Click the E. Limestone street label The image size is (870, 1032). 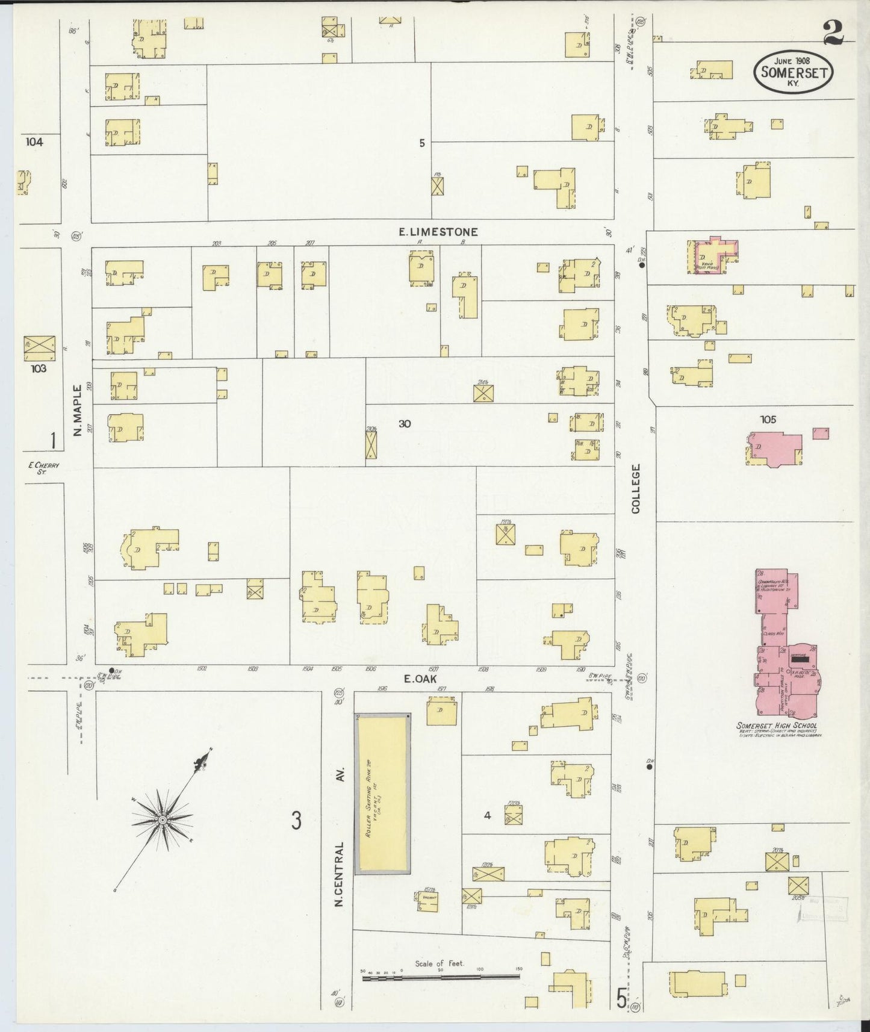[439, 232]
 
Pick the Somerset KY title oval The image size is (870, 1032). [793, 72]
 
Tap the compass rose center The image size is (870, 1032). [163, 821]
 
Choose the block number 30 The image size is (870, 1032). [405, 424]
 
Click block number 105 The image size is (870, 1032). [768, 420]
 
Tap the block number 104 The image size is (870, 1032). [35, 142]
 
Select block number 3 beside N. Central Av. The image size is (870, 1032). [296, 820]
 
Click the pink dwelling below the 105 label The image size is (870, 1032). [774, 449]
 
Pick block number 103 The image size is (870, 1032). [38, 368]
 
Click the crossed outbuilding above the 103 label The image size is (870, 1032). [39, 347]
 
